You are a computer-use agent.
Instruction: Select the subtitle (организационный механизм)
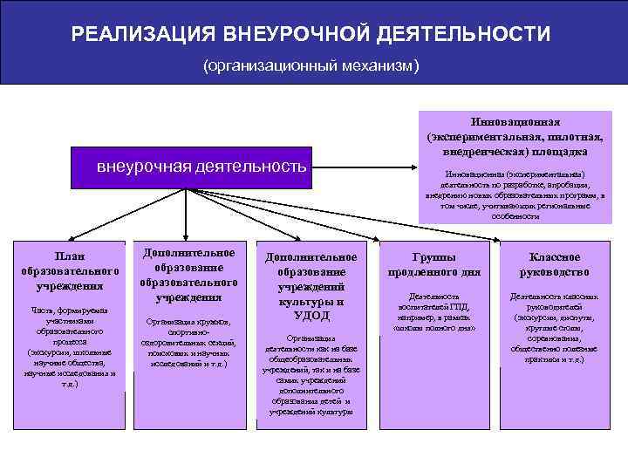point(311,65)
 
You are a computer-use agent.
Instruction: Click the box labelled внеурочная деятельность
point(201,166)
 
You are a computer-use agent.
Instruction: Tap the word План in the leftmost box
point(70,255)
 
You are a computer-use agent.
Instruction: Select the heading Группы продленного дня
point(434,263)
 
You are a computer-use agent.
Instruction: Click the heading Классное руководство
point(556,263)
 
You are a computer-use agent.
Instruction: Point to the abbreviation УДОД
point(311,315)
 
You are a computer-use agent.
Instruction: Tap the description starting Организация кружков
point(189,343)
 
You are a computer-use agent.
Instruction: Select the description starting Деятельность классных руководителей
point(556,327)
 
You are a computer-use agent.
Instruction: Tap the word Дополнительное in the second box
point(189,252)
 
